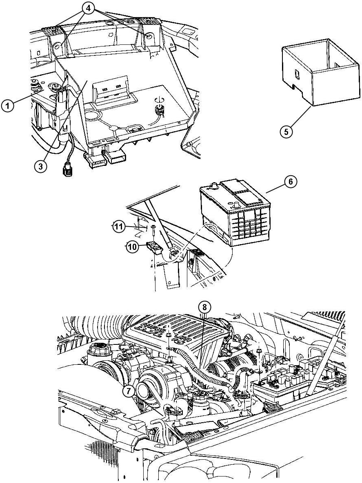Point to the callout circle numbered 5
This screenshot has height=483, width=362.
point(287,132)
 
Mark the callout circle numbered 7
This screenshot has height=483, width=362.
point(129,391)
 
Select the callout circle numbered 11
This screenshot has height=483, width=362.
point(119,227)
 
